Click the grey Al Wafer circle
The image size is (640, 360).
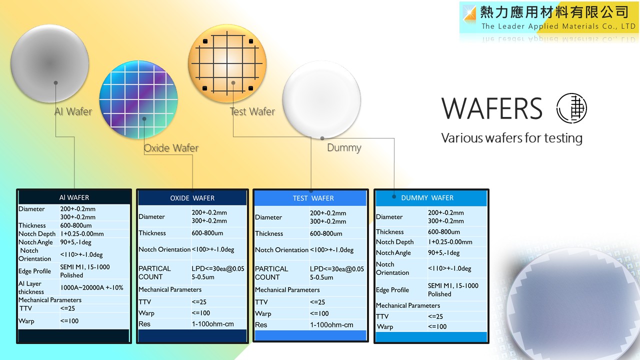tap(49, 63)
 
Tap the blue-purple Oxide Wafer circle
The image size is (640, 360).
tap(138, 99)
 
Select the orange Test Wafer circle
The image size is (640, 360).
tap(227, 63)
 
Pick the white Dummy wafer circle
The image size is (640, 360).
tap(321, 99)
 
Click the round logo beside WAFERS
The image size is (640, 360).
tap(571, 108)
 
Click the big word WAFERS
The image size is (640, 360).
tap(491, 108)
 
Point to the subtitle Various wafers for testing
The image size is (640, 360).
tap(511, 138)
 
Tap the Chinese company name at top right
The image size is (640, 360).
tap(554, 12)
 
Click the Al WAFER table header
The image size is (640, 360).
tap(74, 197)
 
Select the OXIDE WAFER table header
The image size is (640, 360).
tap(192, 198)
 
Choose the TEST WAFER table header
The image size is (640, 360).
tap(313, 198)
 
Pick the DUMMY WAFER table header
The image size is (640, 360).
tap(427, 197)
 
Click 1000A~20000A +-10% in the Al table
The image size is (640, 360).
tap(91, 287)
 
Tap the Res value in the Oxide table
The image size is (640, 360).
tap(212, 324)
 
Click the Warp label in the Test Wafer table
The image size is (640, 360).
tap(263, 313)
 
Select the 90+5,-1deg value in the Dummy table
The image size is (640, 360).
tap(443, 253)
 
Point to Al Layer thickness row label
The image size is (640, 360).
tap(31, 287)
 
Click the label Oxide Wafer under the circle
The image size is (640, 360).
tap(171, 148)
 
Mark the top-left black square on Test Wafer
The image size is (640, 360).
tap(205, 41)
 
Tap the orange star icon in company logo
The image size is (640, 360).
tap(469, 13)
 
